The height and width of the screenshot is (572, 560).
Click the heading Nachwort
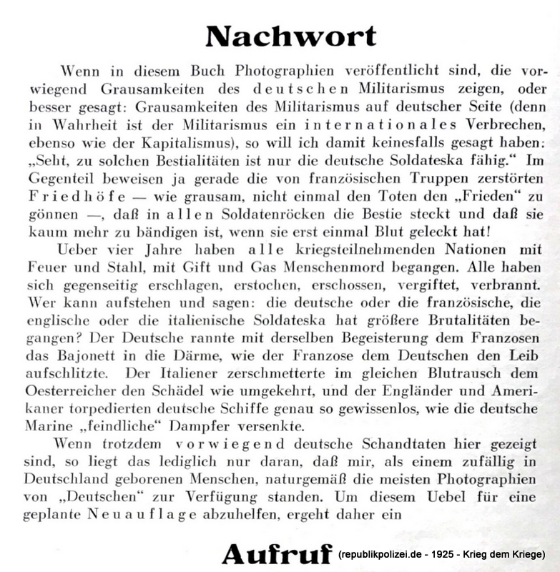coord(290,36)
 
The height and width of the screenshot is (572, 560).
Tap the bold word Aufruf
coord(277,553)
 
